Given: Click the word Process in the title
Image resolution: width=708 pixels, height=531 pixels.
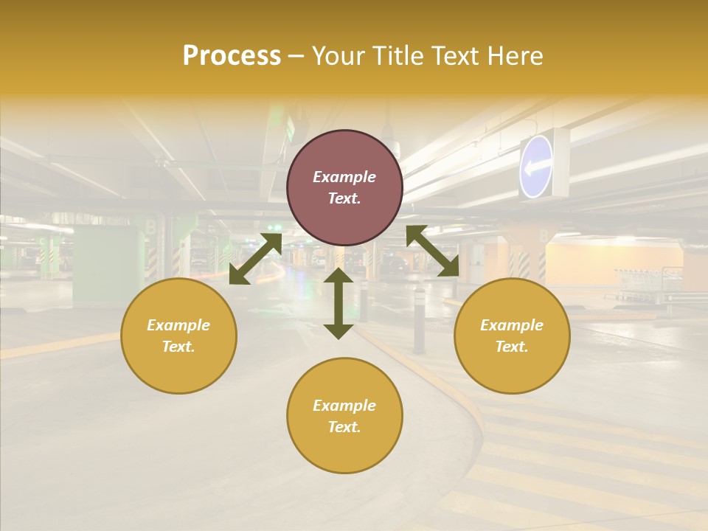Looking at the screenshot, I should [x=232, y=56].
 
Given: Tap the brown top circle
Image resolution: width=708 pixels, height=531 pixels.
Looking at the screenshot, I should [x=344, y=188].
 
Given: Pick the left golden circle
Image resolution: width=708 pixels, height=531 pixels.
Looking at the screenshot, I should [x=178, y=336].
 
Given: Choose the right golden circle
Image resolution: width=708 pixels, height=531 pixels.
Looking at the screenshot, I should [x=512, y=336].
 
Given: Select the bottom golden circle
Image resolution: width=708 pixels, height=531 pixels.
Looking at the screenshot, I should [x=344, y=415].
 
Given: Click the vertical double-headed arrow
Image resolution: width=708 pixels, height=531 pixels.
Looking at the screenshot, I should [x=339, y=303].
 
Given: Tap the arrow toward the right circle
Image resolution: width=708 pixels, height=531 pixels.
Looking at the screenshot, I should [x=433, y=251].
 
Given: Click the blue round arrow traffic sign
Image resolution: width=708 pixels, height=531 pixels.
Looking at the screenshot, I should [x=537, y=167].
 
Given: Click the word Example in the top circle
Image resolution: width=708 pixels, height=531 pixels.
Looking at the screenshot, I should [x=344, y=177].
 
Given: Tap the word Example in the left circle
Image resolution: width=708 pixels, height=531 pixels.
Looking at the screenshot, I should [x=178, y=325].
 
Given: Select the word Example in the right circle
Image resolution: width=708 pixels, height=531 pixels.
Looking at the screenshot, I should [x=512, y=325].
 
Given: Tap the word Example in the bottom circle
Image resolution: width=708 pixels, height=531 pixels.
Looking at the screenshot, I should [x=344, y=406].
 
